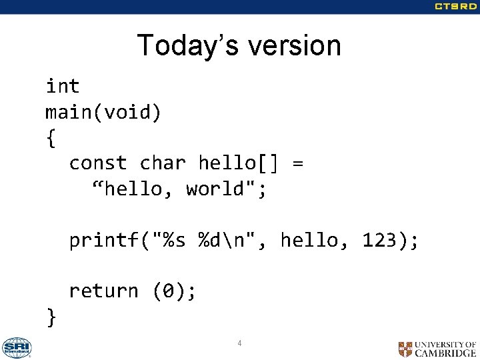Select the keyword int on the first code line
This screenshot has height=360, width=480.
point(63,86)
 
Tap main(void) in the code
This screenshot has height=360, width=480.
point(103,112)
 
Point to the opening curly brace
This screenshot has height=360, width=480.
point(51,138)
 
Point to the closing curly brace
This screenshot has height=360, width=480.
point(51,317)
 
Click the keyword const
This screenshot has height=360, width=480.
point(98,163)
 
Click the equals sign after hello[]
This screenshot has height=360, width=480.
point(297,163)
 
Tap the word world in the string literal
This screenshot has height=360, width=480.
point(215,189)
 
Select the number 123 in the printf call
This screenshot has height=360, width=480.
point(379,240)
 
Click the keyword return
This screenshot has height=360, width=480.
point(103,291)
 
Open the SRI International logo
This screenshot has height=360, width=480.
point(16,347)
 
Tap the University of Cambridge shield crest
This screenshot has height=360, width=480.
point(405,349)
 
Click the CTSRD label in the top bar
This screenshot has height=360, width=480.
point(455,7)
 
